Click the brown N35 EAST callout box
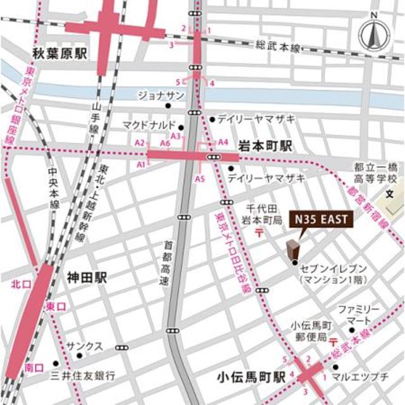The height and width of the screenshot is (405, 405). pyautogui.click(x=319, y=220)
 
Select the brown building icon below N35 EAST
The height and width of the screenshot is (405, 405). pyautogui.click(x=293, y=251)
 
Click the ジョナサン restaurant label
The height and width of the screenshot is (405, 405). pyautogui.click(x=161, y=95)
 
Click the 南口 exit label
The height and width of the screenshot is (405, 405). pyautogui.click(x=33, y=367)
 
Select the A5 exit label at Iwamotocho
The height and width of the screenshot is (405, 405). pyautogui.click(x=200, y=179)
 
